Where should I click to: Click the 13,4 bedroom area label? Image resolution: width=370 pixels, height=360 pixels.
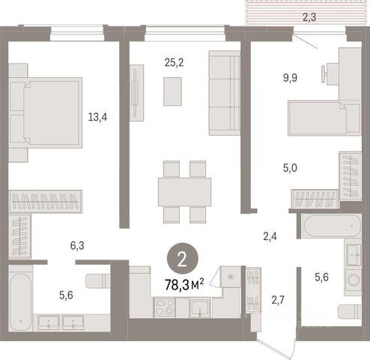click(x=97, y=117)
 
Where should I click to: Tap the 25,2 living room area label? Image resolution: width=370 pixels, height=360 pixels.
click(x=174, y=62)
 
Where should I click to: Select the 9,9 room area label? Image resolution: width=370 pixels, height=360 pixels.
click(x=290, y=78)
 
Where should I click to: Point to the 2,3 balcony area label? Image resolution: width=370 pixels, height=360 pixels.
click(x=309, y=17)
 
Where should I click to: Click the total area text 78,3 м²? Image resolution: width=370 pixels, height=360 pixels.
click(x=184, y=285)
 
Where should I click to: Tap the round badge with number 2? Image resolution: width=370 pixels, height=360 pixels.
click(x=183, y=261)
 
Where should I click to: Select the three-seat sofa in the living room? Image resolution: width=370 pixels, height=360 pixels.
click(x=224, y=93)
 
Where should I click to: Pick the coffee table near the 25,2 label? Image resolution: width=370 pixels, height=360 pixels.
click(x=172, y=91)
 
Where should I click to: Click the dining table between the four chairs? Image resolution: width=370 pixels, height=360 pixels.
click(x=184, y=192)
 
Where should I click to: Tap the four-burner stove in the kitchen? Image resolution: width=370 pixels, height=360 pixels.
click(x=165, y=307)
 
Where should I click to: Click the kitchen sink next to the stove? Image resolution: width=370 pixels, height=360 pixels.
click(x=199, y=308)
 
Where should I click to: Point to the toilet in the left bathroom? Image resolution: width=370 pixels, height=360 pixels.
click(x=98, y=281)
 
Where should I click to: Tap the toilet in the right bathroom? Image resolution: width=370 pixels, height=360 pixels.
click(x=350, y=311)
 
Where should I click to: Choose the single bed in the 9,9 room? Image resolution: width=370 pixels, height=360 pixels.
click(x=324, y=118)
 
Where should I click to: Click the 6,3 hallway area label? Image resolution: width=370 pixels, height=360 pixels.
click(x=77, y=246)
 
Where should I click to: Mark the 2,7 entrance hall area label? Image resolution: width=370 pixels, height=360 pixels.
click(x=278, y=300)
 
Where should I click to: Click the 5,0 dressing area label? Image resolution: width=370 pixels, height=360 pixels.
click(x=290, y=168)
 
